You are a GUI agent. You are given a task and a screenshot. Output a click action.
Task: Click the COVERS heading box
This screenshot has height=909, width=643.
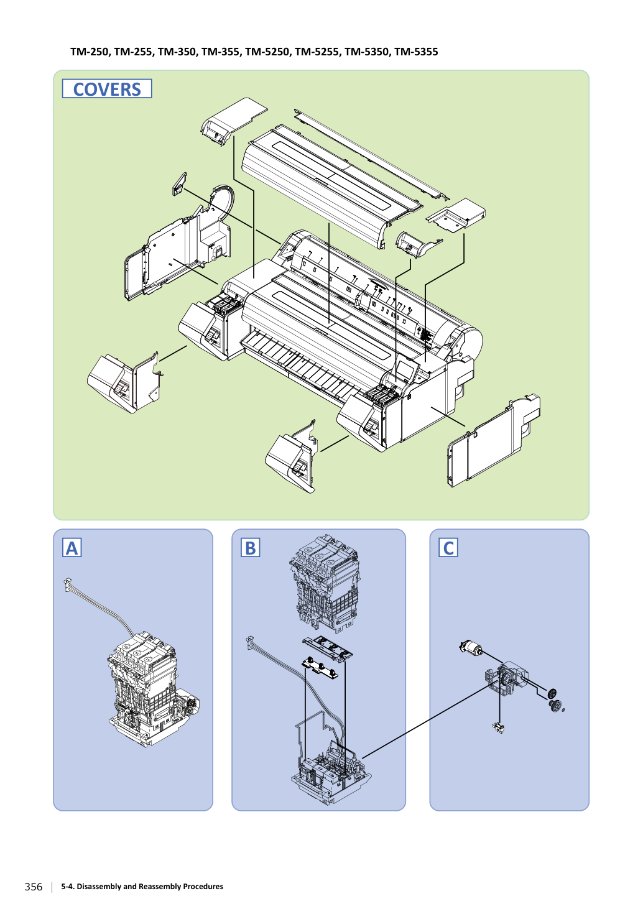click(x=107, y=88)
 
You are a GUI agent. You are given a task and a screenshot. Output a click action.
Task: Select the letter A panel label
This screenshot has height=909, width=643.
click(x=72, y=547)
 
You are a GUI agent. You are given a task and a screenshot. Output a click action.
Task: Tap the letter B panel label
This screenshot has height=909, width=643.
click(x=250, y=547)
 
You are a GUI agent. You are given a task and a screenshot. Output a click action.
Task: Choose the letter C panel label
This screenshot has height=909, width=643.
click(x=448, y=547)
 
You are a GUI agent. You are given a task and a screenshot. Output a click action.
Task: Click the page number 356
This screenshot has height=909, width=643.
click(x=34, y=887)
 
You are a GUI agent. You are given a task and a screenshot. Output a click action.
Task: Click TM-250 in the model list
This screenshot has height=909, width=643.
click(x=90, y=52)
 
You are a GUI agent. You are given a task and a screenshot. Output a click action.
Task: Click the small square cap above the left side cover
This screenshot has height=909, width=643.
click(x=180, y=184)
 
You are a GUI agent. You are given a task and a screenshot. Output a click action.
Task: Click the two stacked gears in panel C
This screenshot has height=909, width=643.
click(x=553, y=699)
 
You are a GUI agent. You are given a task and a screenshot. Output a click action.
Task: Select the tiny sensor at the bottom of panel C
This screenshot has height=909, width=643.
click(x=499, y=728)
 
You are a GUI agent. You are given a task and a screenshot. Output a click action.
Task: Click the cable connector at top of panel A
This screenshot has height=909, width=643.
click(x=67, y=585)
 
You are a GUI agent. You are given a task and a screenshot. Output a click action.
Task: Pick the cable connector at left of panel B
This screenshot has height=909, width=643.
click(x=249, y=642)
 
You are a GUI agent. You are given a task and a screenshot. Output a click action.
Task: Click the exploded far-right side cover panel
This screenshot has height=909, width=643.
click(x=493, y=440)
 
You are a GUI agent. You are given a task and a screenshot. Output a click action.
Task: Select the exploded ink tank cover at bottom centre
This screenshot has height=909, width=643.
click(x=292, y=456)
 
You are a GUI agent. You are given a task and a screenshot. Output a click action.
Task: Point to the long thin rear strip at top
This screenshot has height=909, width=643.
click(x=371, y=154)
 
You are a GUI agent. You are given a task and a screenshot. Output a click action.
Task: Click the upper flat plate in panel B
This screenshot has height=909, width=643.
click(x=328, y=648)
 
